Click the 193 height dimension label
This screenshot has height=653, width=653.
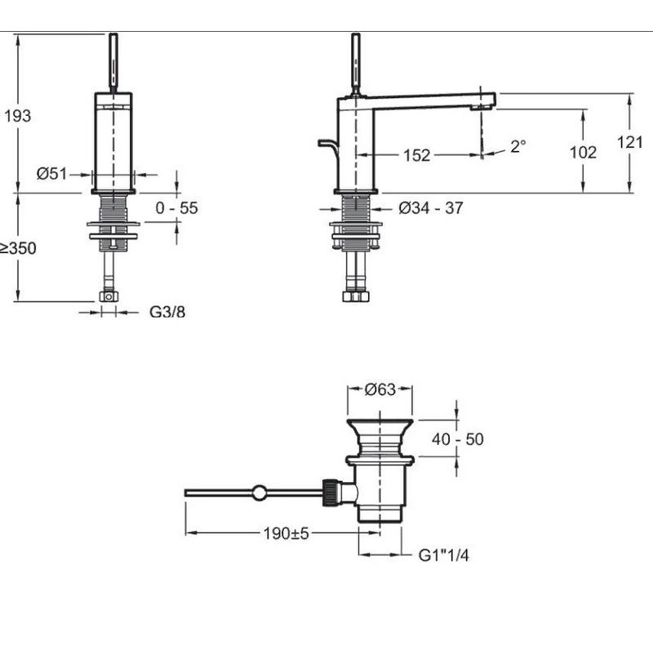coord(18,116)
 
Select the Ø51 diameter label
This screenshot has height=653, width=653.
coord(51,173)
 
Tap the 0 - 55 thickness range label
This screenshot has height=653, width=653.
coord(176,208)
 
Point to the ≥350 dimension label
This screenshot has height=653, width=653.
coord(18,248)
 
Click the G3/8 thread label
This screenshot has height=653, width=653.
coord(167,312)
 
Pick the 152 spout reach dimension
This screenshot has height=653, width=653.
coord(416,155)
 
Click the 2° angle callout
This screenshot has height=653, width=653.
coord(518,146)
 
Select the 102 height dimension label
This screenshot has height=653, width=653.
coord(583,152)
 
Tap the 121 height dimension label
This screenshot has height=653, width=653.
coord(629,142)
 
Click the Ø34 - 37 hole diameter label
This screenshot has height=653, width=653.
coord(431,208)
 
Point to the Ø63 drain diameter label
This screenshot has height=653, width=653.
coord(380,389)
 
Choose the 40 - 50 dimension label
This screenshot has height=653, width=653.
coord(458,439)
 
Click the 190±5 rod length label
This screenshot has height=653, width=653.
coord(287,533)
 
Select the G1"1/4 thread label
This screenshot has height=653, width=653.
coord(443,555)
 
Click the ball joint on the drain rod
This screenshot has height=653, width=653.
coord(259,493)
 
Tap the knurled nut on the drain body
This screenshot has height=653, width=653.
coord(329,492)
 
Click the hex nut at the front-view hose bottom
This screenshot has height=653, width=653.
coord(109,296)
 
